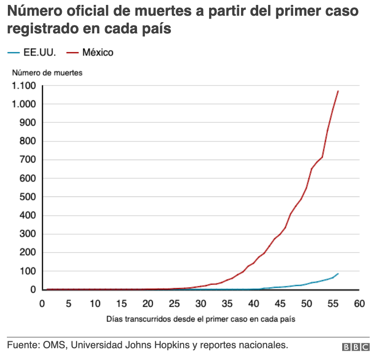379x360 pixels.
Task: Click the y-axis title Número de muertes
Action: [x=48, y=72]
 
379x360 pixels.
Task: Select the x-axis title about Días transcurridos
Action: [x=201, y=319]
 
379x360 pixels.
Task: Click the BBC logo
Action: [x=356, y=347]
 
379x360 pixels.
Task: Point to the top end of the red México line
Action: [x=338, y=91]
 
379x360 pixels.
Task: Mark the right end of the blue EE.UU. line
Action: [x=338, y=274]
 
